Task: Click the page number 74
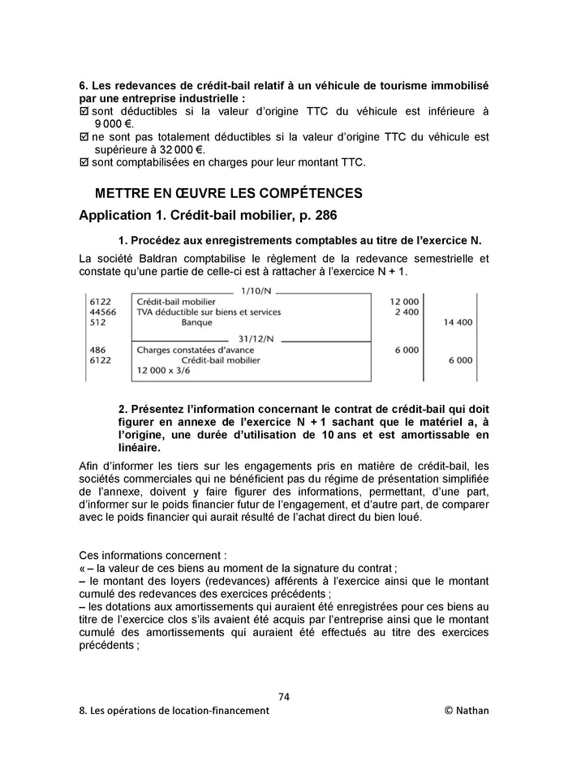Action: [283, 696]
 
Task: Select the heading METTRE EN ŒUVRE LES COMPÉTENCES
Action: [229, 194]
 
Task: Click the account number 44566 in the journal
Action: [102, 312]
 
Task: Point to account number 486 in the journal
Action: [97, 351]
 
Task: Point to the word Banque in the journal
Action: [196, 322]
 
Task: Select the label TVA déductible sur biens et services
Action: [209, 312]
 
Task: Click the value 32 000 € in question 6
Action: [181, 149]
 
